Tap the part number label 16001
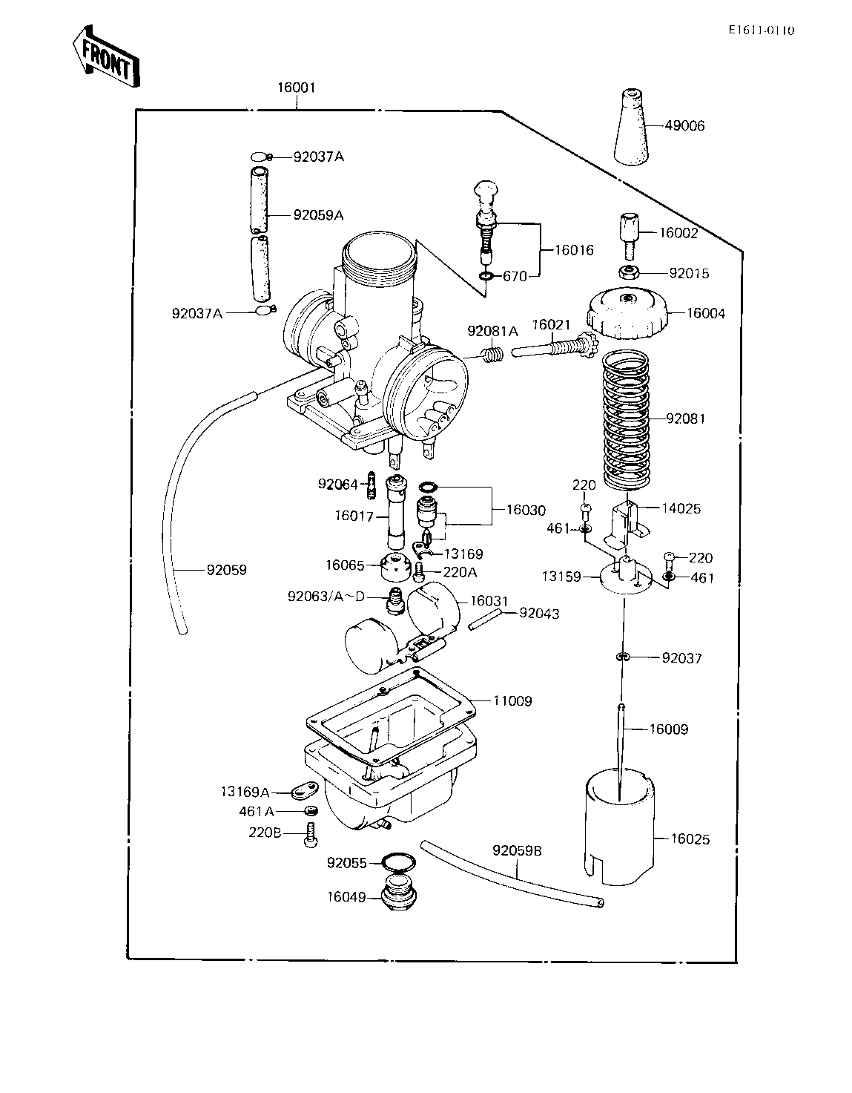[x=297, y=88]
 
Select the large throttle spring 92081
[x=626, y=420]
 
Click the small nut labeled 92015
[x=628, y=272]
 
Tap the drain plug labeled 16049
[x=400, y=896]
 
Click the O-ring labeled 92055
[x=399, y=862]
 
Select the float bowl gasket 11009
[x=391, y=712]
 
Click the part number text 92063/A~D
[x=326, y=597]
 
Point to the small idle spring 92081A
[x=493, y=355]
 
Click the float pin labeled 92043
[x=484, y=619]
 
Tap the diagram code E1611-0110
[x=762, y=30]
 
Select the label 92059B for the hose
[x=518, y=850]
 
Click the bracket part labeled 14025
[x=626, y=524]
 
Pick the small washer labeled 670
[x=486, y=275]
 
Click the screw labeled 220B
[x=311, y=835]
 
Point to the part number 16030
[x=526, y=510]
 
